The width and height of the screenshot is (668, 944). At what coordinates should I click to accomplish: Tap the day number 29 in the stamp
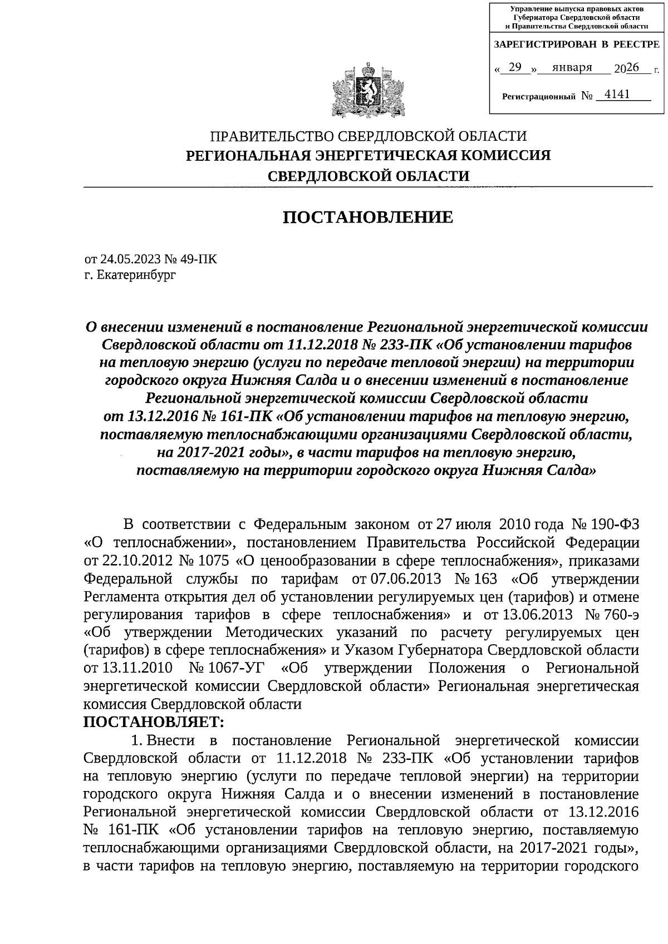coord(515,67)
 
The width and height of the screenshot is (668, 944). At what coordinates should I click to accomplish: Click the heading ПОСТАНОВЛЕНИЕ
coord(368,217)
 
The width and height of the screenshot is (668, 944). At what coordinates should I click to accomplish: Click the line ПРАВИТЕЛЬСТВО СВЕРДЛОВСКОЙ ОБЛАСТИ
coord(367,136)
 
